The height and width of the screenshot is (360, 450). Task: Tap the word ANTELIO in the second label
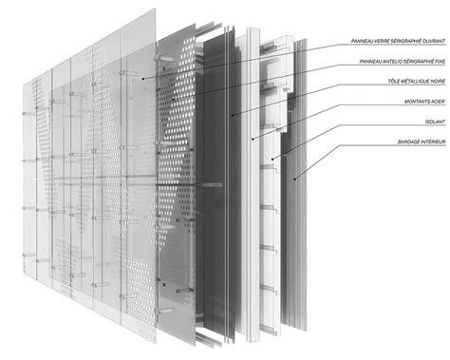click(374, 62)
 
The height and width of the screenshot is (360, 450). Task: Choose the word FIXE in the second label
click(439, 62)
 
